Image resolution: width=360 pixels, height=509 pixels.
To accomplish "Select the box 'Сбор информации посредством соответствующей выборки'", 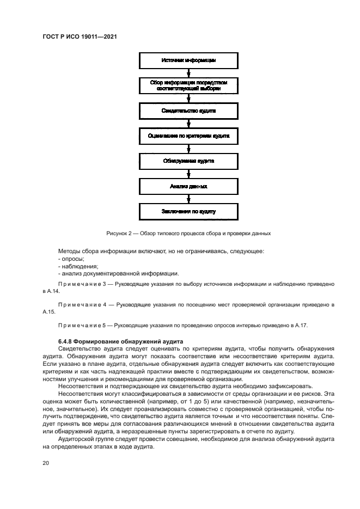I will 188,85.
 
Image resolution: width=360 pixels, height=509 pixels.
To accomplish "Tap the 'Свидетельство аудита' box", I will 188,111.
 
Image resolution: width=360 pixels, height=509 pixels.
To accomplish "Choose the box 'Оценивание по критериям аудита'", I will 188,136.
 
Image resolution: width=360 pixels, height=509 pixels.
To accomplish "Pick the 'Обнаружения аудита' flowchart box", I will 188,161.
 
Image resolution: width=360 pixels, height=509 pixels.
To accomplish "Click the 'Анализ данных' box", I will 188,186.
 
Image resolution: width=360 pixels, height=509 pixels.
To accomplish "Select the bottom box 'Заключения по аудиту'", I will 188,211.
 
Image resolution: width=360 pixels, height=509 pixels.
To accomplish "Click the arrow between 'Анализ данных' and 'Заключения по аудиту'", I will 188,199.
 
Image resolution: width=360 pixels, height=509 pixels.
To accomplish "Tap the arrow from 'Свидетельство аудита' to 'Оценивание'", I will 188,123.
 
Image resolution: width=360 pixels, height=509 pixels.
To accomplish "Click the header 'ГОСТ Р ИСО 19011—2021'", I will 80,36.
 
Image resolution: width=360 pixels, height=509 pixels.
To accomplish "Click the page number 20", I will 46,463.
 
